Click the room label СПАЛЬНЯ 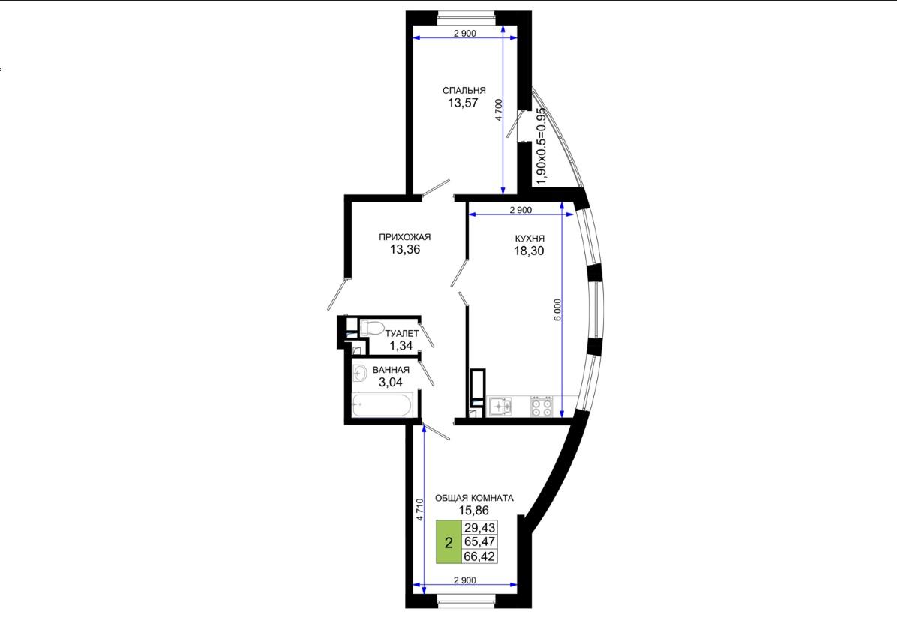click(464, 91)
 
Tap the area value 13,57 click(463, 103)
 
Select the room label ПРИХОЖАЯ click(404, 237)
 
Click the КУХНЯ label click(529, 238)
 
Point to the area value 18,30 click(529, 250)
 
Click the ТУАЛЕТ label click(401, 333)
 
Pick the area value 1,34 click(400, 346)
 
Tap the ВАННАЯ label click(391, 370)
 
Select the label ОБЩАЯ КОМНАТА click(474, 499)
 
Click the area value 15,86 click(474, 511)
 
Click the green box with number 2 click(448, 542)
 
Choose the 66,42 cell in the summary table click(479, 556)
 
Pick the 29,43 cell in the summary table click(479, 527)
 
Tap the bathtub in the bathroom click(382, 405)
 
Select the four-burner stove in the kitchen click(541, 406)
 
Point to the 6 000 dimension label click(558, 310)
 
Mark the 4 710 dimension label click(419, 510)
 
